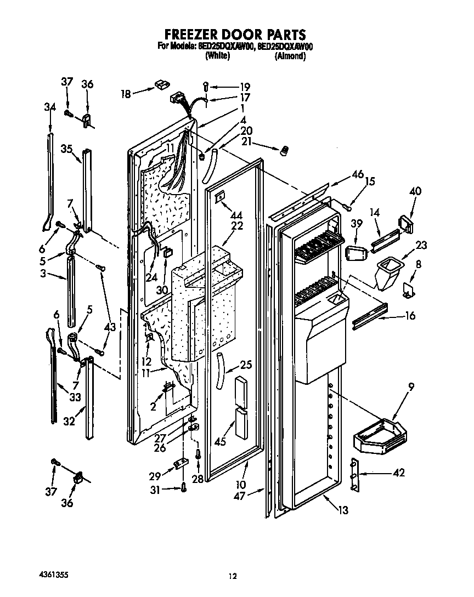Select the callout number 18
pos(126,94)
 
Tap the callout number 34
pos(50,107)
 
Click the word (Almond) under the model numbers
pos(290,56)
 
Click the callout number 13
pos(343,510)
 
